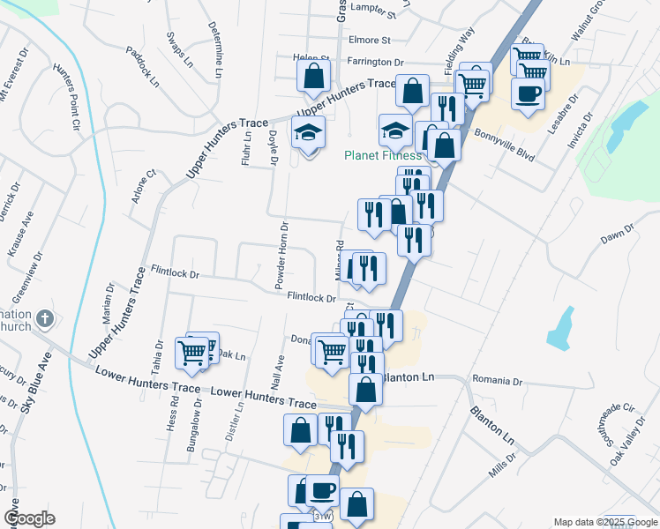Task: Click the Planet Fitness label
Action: pos(382,156)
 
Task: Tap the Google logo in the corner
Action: pos(28,518)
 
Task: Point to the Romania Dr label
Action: pos(498,382)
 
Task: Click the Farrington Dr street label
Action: pos(374,63)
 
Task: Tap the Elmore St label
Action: pos(369,41)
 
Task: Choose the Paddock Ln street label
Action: pos(141,66)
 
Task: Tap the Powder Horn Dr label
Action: pos(281,256)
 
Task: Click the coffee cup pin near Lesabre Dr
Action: pos(529,94)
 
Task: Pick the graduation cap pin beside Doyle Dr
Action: pos(308,132)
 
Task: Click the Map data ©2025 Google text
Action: pos(594,522)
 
